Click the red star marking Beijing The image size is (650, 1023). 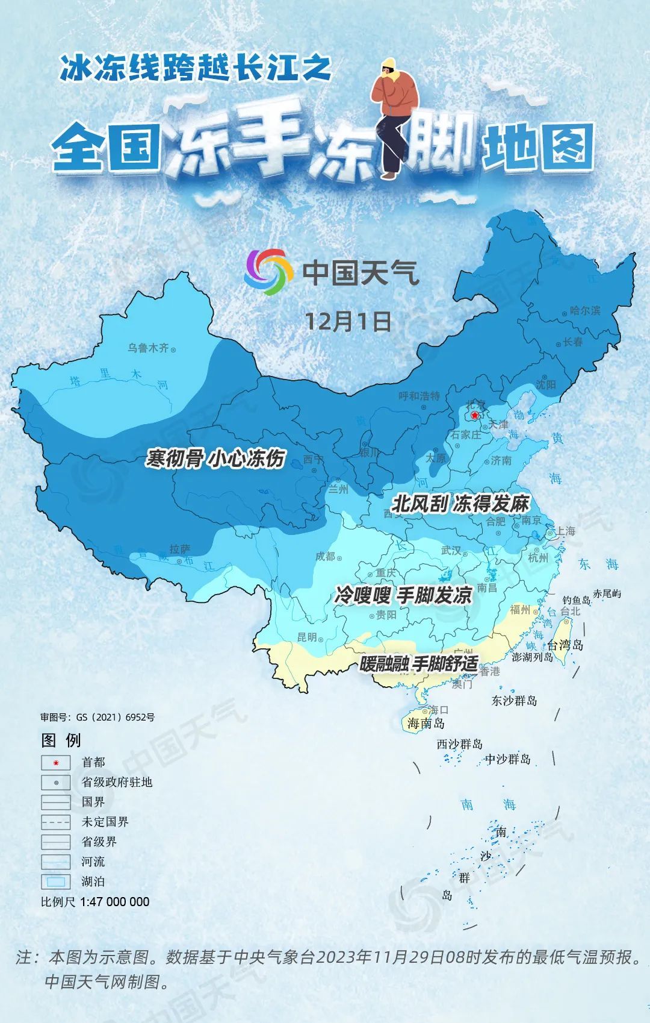[475, 416]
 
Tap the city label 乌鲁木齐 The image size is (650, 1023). [148, 348]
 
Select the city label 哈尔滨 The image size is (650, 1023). [585, 311]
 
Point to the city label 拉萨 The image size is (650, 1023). [179, 549]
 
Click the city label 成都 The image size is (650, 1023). [325, 557]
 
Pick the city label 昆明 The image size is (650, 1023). [306, 637]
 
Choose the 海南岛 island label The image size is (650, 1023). [426, 723]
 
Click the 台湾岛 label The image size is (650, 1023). [565, 645]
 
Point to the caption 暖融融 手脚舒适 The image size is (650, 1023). [419, 664]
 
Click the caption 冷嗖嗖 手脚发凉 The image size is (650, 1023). [403, 596]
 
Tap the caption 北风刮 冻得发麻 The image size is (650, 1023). [460, 503]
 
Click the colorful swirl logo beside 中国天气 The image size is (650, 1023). [268, 272]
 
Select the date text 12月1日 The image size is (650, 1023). [348, 321]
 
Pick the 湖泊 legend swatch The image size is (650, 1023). [56, 881]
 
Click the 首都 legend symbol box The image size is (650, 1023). [56, 763]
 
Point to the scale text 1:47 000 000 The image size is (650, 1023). [114, 902]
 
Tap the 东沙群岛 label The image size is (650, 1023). [514, 701]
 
